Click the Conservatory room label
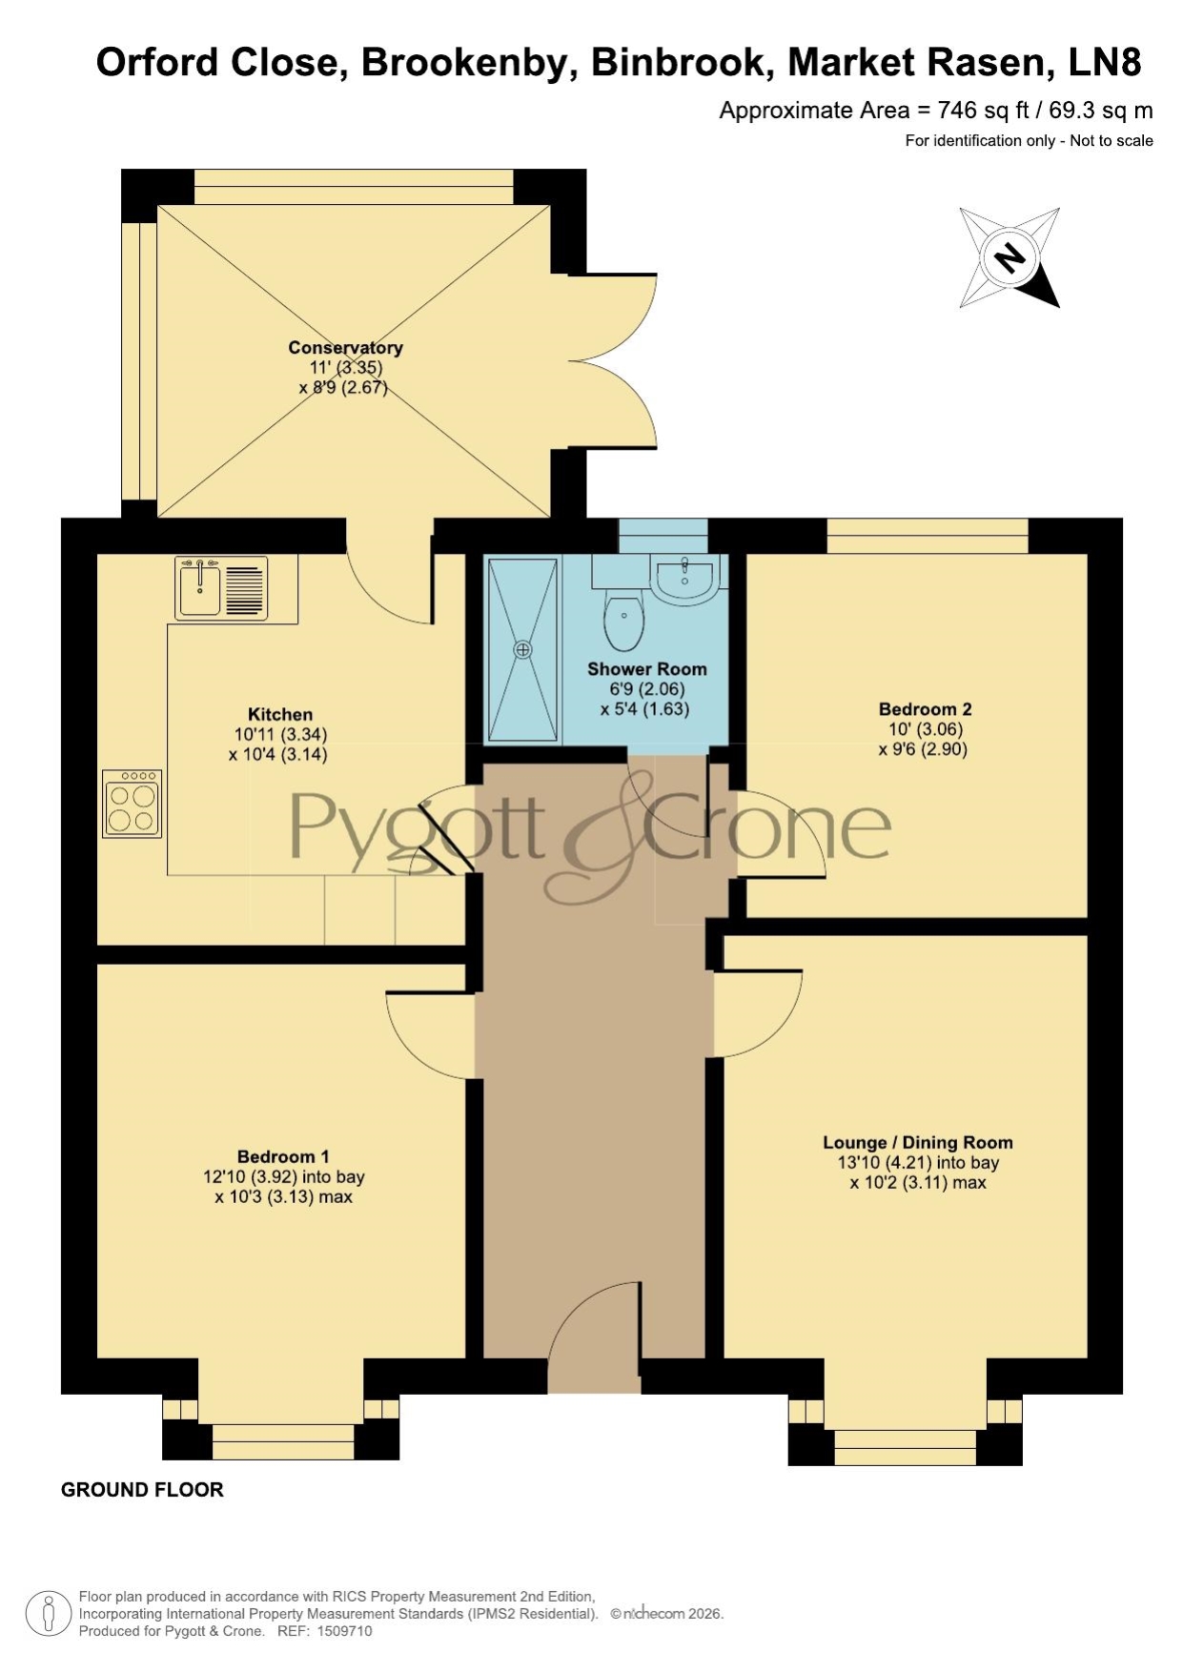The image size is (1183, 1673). coord(345,348)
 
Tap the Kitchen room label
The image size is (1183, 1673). coord(280,714)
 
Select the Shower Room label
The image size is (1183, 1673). coord(647,669)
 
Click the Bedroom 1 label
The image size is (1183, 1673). coord(284,1157)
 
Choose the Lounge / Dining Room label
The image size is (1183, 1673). coord(918,1142)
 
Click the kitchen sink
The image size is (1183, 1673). coord(222,588)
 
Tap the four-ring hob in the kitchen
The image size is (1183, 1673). coord(132,804)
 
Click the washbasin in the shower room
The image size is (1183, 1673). coord(683,580)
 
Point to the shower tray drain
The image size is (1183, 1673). coord(522,649)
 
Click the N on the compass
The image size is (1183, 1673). coord(1009,256)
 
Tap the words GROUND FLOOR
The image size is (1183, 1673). coord(142,1490)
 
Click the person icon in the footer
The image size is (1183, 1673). coord(48,1615)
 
